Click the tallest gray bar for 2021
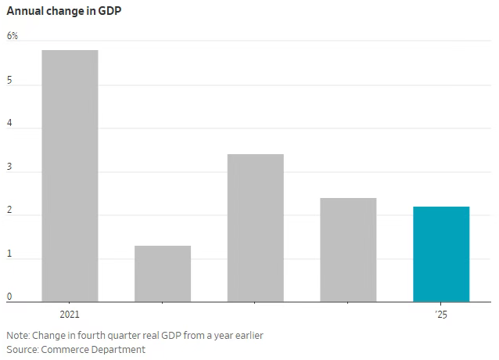coord(70,175)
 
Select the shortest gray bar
coord(163,273)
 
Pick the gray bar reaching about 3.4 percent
coord(255,228)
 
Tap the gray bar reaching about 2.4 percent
coord(348,250)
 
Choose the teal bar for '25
coord(441,254)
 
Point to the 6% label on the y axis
coord(12,36)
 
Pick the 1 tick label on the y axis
coord(9,254)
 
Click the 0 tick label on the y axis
coord(9,297)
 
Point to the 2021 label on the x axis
coord(70,315)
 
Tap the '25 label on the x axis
coord(441,315)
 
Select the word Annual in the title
coord(25,11)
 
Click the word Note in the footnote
coord(17,335)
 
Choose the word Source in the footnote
coord(22,349)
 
